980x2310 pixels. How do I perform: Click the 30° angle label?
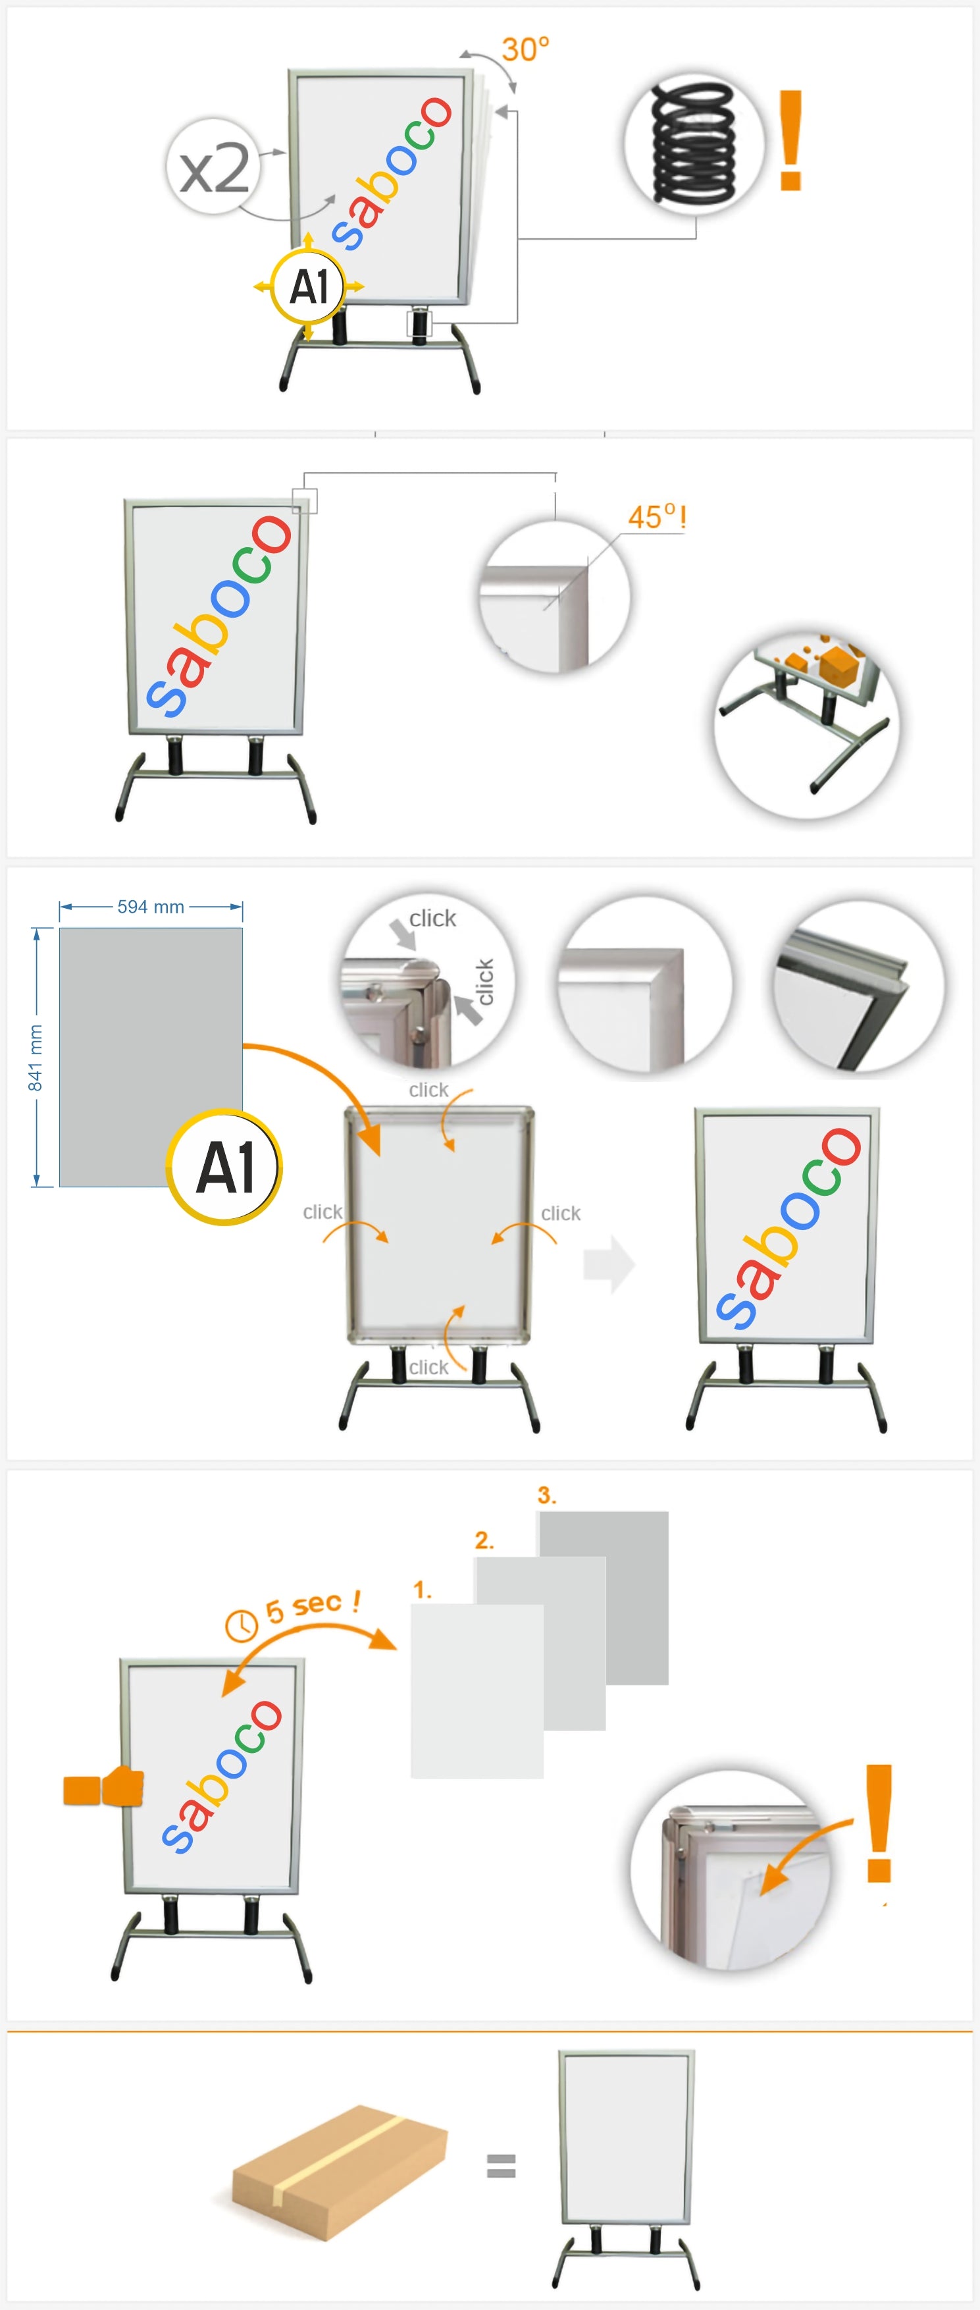pyautogui.click(x=525, y=49)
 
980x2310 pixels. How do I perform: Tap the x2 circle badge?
pyautogui.click(x=213, y=166)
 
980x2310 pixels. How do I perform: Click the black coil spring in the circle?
pyautogui.click(x=693, y=143)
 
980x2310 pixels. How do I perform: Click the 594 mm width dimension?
pyautogui.click(x=151, y=907)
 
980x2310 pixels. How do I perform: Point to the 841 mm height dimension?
pyautogui.click(x=36, y=1058)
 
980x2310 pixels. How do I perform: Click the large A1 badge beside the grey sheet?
pyautogui.click(x=224, y=1168)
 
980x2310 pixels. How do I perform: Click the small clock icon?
pyautogui.click(x=241, y=1625)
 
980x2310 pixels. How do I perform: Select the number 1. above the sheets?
pyautogui.click(x=423, y=1590)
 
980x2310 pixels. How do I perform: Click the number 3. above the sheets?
pyautogui.click(x=547, y=1495)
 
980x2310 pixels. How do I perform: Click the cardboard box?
pyautogui.click(x=340, y=2171)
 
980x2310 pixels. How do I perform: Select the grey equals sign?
pyautogui.click(x=500, y=2166)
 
